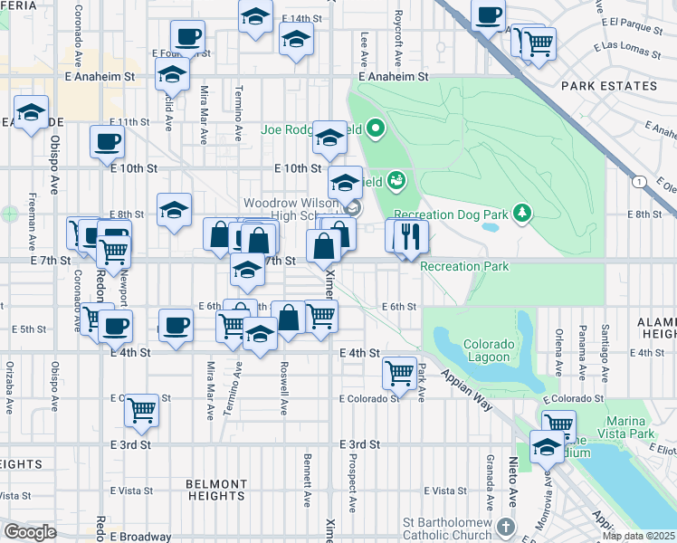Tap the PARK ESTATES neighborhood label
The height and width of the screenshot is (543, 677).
[608, 86]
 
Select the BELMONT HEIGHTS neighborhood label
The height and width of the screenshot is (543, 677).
[216, 490]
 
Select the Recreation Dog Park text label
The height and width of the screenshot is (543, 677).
[452, 214]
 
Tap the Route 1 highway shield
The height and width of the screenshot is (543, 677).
[641, 182]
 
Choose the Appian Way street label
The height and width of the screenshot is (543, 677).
[466, 389]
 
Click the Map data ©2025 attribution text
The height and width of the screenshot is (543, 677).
[639, 536]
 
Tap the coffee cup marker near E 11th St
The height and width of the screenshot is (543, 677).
[107, 141]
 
